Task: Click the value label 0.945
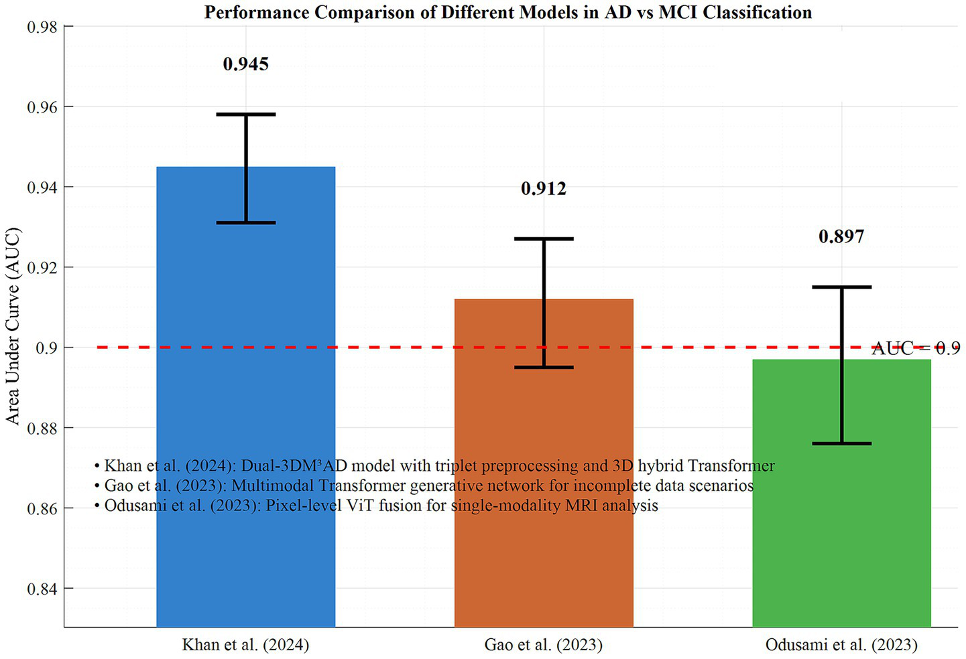246,64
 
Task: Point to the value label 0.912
544,189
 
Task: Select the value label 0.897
841,236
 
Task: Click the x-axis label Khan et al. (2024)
245,645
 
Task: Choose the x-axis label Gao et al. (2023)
544,645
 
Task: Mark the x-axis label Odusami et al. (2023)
841,645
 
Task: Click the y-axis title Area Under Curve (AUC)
13,325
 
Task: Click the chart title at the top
507,12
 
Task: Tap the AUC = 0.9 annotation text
915,348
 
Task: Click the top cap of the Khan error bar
246,115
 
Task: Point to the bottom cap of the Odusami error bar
841,443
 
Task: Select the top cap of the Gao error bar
544,238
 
